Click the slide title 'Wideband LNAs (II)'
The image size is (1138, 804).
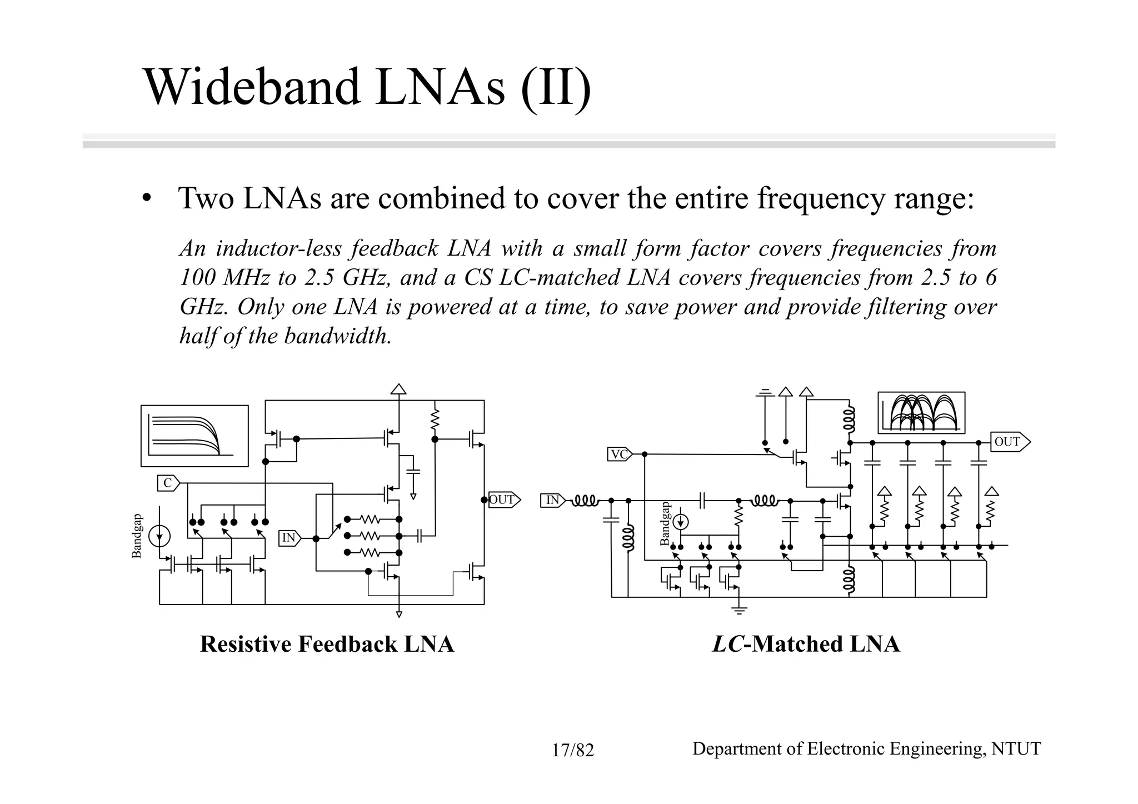[x=367, y=87]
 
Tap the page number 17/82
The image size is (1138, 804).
[x=572, y=751]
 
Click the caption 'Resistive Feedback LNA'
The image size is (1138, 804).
[x=327, y=644]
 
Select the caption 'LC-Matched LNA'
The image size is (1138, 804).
[x=806, y=644]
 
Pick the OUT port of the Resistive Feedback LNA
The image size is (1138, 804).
[x=503, y=500]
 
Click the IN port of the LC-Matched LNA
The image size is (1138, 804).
[x=553, y=500]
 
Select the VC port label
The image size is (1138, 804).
[x=619, y=455]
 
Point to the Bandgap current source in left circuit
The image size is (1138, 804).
[x=159, y=536]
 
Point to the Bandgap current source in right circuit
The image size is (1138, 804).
[x=681, y=522]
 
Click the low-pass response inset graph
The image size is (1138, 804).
[x=194, y=436]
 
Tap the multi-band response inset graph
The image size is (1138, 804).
[x=921, y=413]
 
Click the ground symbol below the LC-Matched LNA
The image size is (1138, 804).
[x=739, y=610]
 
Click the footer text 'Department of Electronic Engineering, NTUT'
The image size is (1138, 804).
[x=866, y=749]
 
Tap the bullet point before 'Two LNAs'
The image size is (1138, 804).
[x=146, y=199]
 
